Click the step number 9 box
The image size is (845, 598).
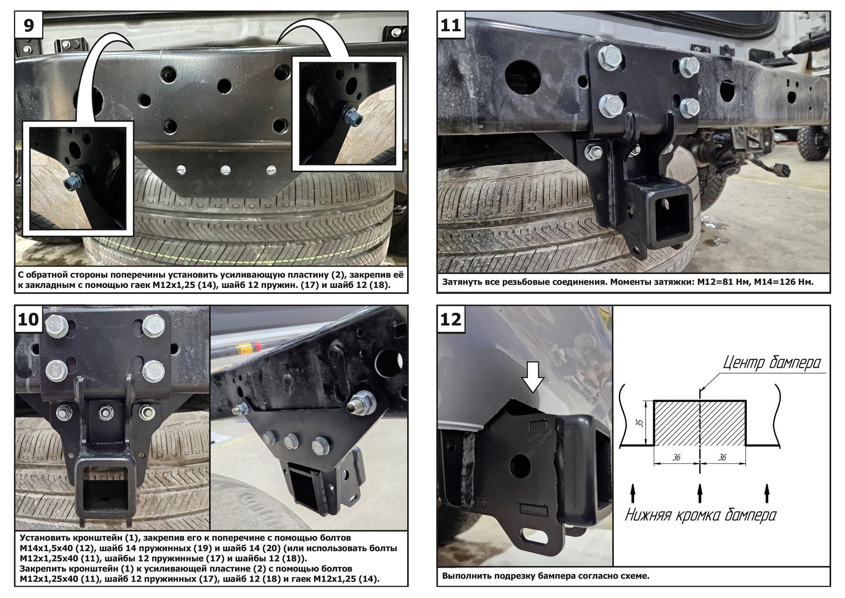click(x=28, y=25)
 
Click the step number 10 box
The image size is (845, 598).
click(x=28, y=319)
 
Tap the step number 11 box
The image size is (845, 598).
click(x=451, y=25)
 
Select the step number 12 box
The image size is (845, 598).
click(x=451, y=319)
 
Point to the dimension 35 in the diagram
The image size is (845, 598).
click(x=640, y=422)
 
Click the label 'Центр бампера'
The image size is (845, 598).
click(x=772, y=363)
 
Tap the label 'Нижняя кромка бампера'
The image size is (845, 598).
click(x=701, y=515)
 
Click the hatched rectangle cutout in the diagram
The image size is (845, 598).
click(x=700, y=423)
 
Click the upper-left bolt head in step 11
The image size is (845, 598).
click(x=609, y=57)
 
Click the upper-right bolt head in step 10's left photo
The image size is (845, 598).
click(x=153, y=325)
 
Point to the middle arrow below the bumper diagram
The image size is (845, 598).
click(x=700, y=493)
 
